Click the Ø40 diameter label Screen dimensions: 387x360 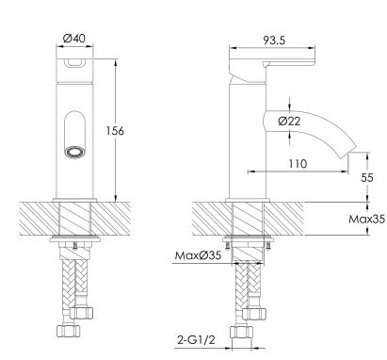point(74,39)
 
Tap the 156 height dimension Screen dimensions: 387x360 point(115,131)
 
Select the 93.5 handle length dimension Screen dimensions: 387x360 point(274,41)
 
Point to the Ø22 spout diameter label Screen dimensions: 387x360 point(289,121)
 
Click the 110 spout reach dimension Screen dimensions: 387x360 point(298,163)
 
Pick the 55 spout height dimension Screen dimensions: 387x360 point(367,178)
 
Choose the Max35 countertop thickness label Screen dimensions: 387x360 point(366,219)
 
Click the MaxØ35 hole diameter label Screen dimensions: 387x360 point(198,255)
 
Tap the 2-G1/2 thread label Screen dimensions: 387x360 point(196,339)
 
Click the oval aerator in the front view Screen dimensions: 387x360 point(74,153)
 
